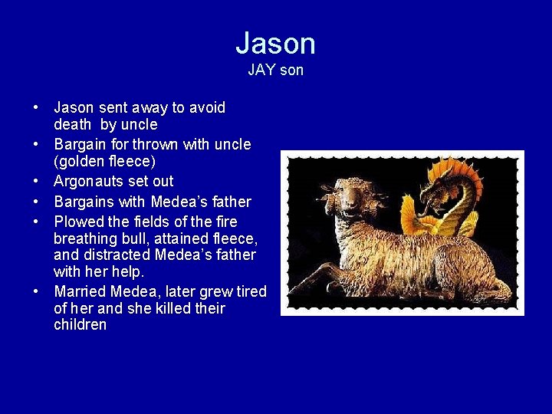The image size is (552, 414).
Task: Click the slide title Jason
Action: (x=275, y=43)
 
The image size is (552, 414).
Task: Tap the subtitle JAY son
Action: (x=275, y=70)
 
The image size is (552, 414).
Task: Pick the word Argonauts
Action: (x=84, y=182)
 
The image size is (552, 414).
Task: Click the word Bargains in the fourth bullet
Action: (x=83, y=202)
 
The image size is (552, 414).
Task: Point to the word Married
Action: (x=80, y=291)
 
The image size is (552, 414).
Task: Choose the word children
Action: (x=80, y=325)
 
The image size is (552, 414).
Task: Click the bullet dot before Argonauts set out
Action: (x=37, y=182)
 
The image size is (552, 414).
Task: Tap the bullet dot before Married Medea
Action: (x=37, y=291)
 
